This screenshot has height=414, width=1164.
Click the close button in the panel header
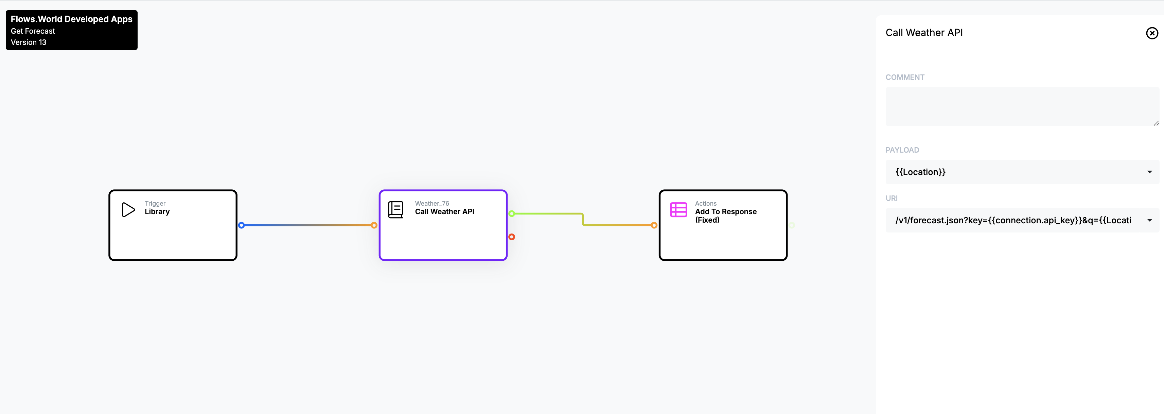(1152, 33)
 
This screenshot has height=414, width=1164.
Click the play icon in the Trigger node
(128, 210)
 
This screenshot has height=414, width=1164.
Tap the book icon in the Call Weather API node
(395, 210)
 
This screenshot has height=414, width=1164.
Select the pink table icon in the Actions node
(678, 210)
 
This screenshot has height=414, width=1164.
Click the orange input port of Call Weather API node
(374, 225)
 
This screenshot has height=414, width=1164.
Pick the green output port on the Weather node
(512, 214)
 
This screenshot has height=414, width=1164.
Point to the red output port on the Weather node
(512, 237)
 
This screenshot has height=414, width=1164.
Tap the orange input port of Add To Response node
(654, 225)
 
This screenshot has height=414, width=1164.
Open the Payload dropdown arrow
(1149, 172)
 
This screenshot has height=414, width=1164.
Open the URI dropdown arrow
(1149, 220)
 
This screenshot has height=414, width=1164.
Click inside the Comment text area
(1022, 107)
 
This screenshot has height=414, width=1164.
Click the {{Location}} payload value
(920, 172)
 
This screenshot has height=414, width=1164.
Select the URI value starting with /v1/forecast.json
(1013, 220)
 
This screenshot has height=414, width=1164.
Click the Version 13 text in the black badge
(29, 42)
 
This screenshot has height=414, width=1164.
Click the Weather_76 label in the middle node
(432, 203)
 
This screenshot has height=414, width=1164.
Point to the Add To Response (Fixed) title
(726, 215)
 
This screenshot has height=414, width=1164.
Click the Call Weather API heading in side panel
(924, 33)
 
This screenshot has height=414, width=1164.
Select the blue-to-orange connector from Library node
(308, 225)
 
